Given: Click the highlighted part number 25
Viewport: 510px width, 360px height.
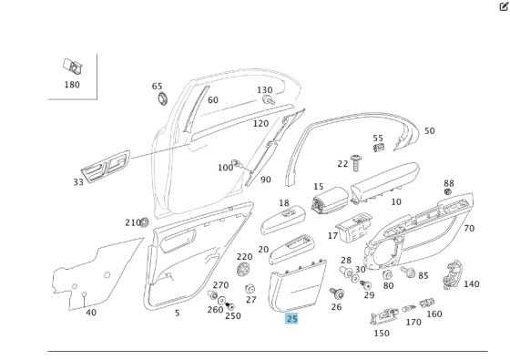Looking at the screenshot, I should [x=291, y=319].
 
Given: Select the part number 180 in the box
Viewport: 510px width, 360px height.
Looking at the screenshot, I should [x=72, y=85].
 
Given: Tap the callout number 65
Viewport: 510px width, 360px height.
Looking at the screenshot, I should [x=158, y=87].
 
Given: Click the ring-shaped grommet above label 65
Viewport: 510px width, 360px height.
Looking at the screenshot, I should [x=162, y=98].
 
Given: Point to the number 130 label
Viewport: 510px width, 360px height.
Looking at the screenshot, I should [x=264, y=90].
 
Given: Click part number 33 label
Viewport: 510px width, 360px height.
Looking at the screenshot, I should [x=78, y=182].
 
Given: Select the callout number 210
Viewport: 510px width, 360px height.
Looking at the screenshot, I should [x=133, y=222].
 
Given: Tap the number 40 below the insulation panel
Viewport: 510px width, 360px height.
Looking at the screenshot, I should [x=91, y=313].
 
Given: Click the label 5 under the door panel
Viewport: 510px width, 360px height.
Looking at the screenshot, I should [x=177, y=313].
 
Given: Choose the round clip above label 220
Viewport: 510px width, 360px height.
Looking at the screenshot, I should [x=243, y=270].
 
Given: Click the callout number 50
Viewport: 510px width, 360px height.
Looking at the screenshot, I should [x=429, y=131].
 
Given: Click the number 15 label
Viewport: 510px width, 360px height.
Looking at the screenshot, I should [x=318, y=187].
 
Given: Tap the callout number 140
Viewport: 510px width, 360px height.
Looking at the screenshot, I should [x=471, y=284].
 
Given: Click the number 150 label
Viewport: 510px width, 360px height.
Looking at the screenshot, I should [x=381, y=334].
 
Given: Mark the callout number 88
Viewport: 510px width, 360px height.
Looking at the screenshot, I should [x=448, y=183].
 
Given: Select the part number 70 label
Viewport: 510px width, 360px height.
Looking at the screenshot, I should [x=469, y=229].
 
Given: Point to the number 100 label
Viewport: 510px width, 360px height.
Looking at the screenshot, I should [x=225, y=168].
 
